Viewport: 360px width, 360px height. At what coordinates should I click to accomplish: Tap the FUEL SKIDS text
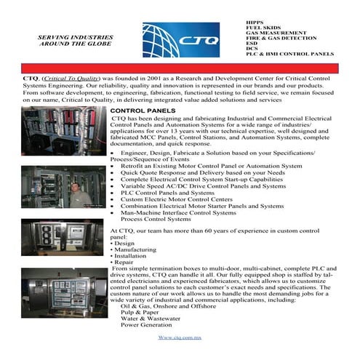[x=265, y=29]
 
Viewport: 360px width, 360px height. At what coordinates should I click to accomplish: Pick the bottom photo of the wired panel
[x=63, y=292]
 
